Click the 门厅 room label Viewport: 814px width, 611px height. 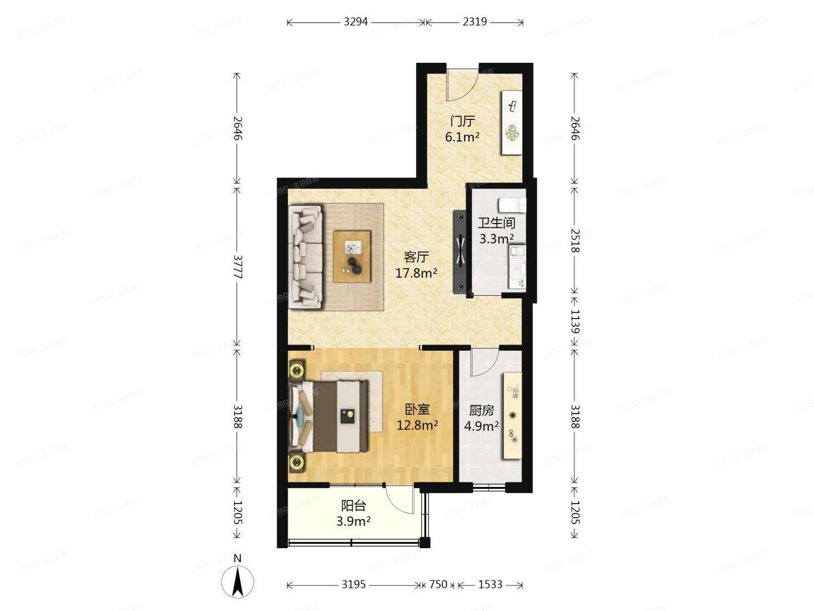click(462, 121)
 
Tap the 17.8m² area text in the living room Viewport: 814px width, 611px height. click(416, 274)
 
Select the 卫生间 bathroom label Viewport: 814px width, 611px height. click(496, 223)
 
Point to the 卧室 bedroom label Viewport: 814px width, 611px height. click(417, 409)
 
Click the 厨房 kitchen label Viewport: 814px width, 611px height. click(482, 410)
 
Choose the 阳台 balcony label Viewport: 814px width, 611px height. click(353, 505)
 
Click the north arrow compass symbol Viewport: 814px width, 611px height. click(237, 581)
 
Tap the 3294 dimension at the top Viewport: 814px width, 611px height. click(356, 22)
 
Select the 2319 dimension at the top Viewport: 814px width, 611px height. click(474, 22)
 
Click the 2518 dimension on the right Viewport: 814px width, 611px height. click(574, 240)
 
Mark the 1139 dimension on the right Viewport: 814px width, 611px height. click(574, 321)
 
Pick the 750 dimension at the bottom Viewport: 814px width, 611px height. click(438, 584)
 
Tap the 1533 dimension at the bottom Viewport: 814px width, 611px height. click(490, 584)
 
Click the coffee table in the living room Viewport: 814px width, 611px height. click(352, 256)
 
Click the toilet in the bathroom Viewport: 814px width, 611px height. click(513, 204)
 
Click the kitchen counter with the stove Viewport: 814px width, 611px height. click(512, 416)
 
